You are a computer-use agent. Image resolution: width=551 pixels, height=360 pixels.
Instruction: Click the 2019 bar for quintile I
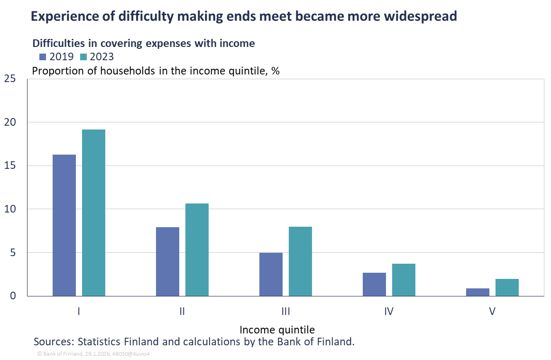[64, 225]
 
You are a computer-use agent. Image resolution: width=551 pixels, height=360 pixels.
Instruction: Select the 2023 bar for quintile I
[93, 212]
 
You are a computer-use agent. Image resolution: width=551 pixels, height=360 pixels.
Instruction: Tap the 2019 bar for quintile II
[167, 261]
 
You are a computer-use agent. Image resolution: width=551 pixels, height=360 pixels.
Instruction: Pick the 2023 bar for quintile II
[197, 249]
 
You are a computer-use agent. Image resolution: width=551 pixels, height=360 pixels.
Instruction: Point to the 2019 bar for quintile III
[271, 274]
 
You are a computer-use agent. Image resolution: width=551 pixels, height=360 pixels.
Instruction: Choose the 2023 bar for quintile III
[300, 261]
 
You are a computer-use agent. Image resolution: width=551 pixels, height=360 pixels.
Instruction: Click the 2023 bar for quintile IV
[404, 280]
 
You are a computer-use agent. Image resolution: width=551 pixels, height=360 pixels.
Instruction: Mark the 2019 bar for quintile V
[478, 292]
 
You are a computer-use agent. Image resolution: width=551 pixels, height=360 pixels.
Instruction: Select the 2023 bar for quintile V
[507, 287]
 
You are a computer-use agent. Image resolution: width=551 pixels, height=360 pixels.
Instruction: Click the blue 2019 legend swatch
[43, 57]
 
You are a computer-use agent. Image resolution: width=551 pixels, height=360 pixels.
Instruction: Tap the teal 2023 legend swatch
[83, 57]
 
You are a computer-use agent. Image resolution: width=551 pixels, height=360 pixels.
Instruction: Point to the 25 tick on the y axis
[9, 79]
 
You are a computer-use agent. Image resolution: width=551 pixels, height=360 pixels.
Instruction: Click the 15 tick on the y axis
[9, 166]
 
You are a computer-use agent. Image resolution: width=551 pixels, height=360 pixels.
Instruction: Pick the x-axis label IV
[389, 312]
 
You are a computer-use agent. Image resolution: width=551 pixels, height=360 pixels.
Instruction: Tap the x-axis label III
[285, 312]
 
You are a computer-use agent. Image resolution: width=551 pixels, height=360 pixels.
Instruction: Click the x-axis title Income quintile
[277, 329]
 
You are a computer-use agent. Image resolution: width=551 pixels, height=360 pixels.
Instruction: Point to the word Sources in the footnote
[52, 342]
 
